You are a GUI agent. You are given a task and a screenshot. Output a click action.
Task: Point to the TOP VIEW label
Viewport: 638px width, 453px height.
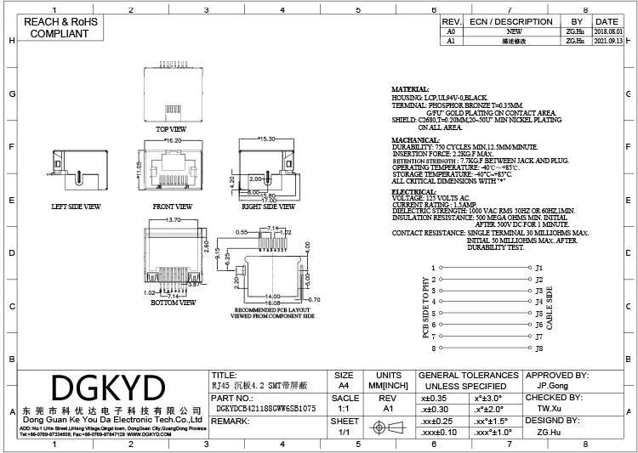(171, 129)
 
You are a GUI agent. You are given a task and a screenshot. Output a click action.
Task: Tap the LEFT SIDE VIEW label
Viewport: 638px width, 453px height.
(76, 206)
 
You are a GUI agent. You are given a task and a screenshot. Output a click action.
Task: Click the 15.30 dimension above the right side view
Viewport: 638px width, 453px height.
(268, 139)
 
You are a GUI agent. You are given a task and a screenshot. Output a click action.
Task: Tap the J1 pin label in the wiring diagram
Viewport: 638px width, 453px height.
(538, 268)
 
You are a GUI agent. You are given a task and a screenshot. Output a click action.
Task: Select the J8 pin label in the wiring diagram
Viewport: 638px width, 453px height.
(538, 348)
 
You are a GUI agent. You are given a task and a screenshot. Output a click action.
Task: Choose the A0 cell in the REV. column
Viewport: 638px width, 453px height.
(451, 31)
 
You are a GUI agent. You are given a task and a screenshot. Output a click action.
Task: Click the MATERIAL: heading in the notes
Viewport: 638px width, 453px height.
(410, 89)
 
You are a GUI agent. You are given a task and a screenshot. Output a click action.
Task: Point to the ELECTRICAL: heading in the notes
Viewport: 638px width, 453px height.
(412, 192)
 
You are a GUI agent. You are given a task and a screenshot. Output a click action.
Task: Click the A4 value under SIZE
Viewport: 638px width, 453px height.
(345, 385)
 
